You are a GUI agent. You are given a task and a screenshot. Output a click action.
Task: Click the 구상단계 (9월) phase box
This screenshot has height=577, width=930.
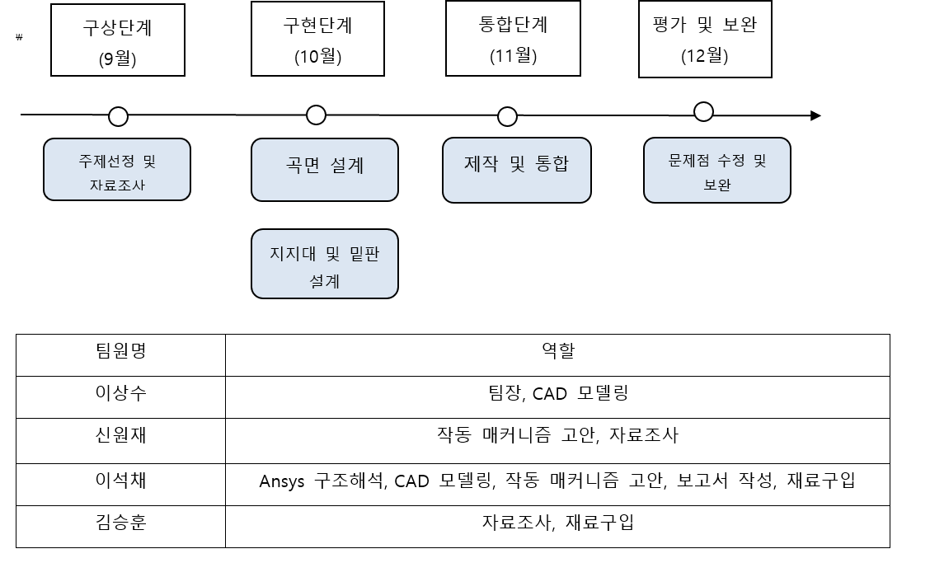tap(118, 40)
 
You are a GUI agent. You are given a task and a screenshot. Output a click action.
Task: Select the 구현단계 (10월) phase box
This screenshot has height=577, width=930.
tap(317, 39)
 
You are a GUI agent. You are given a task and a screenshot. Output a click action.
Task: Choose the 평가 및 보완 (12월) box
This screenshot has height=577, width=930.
tap(705, 39)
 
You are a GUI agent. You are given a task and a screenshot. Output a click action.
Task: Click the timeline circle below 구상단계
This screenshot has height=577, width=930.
tap(119, 116)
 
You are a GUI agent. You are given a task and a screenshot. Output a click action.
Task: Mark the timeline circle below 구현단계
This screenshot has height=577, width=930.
tap(316, 115)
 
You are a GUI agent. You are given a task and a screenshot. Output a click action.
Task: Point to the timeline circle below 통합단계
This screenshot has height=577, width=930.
tap(507, 116)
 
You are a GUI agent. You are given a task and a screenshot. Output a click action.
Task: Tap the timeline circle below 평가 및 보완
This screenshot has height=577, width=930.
tap(703, 111)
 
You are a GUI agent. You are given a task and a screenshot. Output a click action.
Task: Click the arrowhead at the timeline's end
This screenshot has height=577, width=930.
tap(815, 115)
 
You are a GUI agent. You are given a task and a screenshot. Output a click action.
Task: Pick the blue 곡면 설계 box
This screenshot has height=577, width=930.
tap(324, 169)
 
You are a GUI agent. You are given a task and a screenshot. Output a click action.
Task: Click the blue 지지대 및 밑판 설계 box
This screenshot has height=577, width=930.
tap(324, 264)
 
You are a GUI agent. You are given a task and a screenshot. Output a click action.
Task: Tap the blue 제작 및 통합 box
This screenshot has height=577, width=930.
tap(516, 169)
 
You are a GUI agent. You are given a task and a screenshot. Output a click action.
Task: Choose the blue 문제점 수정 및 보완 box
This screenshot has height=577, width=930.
tap(716, 171)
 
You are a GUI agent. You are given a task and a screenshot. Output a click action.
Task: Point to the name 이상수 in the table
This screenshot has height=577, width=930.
tap(120, 393)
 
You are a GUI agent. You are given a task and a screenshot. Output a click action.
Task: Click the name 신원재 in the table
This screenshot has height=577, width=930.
tap(120, 435)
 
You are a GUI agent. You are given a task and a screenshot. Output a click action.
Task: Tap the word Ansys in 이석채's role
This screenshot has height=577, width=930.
tap(281, 481)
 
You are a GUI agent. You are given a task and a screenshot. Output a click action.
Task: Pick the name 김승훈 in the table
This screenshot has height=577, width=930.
tap(120, 523)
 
